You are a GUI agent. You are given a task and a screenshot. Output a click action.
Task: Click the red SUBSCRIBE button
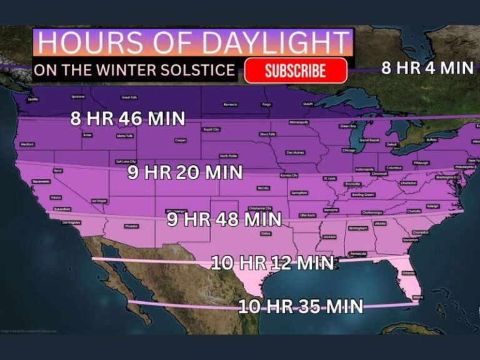(x=296, y=71)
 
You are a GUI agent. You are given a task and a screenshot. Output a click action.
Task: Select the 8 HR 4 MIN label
(x=427, y=68)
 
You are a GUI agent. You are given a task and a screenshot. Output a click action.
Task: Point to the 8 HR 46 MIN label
(x=127, y=119)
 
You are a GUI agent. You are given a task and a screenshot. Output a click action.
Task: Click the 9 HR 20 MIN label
(x=184, y=172)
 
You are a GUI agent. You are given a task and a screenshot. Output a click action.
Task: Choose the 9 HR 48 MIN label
(x=224, y=219)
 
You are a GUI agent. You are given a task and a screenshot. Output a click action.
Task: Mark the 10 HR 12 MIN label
(x=272, y=262)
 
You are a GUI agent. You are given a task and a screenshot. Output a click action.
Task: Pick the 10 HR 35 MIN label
(x=301, y=306)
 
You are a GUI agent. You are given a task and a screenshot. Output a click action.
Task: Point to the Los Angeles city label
(x=71, y=222)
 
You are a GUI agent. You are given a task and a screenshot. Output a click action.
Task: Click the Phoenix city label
(x=131, y=226)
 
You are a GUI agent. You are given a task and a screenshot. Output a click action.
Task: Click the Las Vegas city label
(x=99, y=201)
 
